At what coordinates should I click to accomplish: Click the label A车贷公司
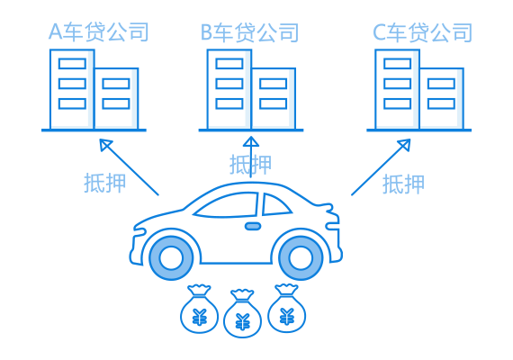(99, 31)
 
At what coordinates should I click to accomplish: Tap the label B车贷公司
(249, 32)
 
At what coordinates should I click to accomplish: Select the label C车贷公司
(422, 32)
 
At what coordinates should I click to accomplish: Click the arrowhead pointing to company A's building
(104, 144)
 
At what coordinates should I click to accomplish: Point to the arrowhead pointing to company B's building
(251, 141)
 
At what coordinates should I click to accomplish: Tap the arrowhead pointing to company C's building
(405, 144)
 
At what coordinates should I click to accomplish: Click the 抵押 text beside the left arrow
(105, 183)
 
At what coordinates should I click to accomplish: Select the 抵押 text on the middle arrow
(250, 165)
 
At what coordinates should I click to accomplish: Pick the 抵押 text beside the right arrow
(403, 184)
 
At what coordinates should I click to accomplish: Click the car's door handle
(253, 226)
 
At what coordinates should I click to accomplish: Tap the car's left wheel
(171, 257)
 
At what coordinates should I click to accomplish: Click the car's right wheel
(301, 257)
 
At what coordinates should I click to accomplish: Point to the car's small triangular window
(274, 205)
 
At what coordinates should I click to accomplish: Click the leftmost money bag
(199, 309)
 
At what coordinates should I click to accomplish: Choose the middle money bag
(242, 313)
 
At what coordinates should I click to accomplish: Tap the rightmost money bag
(286, 308)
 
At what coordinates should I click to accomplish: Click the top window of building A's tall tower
(72, 64)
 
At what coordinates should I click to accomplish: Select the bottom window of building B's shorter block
(274, 103)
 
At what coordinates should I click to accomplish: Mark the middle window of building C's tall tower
(397, 84)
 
